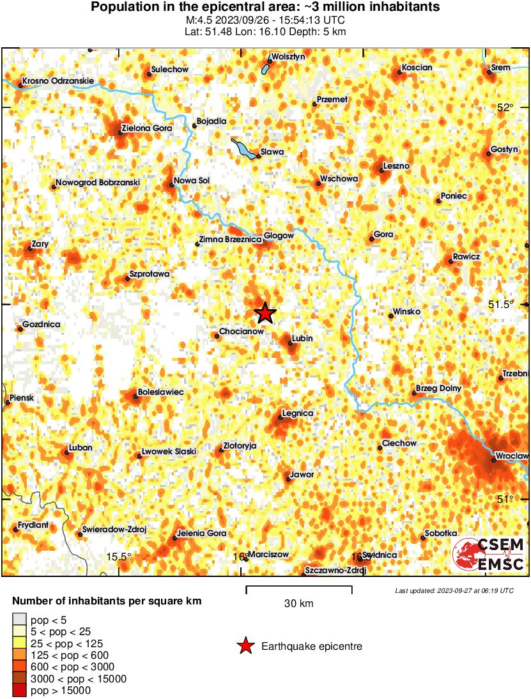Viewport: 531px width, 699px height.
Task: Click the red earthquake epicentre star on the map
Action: [x=265, y=313]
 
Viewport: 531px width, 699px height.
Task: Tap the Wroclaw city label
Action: [x=512, y=456]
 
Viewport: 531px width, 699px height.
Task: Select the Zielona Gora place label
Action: [x=147, y=128]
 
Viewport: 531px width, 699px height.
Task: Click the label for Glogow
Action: [x=279, y=236]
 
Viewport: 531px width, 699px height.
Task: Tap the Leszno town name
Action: [x=396, y=166]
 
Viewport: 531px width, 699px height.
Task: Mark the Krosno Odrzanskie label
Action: [x=58, y=81]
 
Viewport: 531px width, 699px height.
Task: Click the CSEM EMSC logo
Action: [x=489, y=554]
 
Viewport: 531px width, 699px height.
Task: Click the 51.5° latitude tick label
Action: [x=501, y=304]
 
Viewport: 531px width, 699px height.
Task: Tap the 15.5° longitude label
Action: [x=119, y=556]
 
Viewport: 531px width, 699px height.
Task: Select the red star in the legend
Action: [x=245, y=647]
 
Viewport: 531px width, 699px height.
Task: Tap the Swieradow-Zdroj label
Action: [x=115, y=530]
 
